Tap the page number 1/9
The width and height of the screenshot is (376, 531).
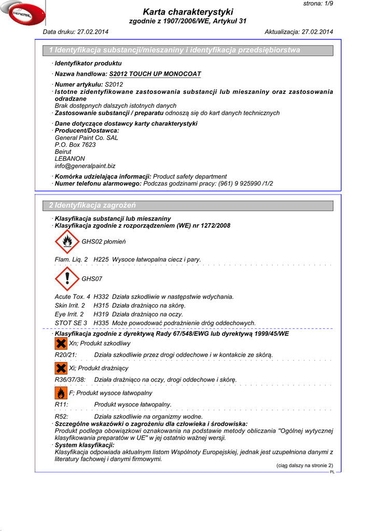pos(325,4)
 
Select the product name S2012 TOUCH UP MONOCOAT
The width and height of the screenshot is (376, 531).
pos(155,74)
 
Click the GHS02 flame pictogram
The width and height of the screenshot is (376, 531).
pos(67,241)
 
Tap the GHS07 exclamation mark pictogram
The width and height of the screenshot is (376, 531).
pos(67,278)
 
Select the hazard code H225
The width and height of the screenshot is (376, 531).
pos(101,259)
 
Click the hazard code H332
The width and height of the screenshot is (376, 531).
pos(101,297)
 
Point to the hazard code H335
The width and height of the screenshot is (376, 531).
pos(101,323)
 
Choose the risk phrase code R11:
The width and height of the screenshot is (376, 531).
pos(62,404)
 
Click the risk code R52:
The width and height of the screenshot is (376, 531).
pos(62,416)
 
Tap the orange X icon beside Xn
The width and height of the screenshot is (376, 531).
pos(61,343)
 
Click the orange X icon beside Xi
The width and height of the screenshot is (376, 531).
pos(61,368)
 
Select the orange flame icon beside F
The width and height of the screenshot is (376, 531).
pos(61,393)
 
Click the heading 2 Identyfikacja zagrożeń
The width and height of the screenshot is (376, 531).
pos(92,205)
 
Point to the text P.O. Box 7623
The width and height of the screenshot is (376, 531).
pos(75,145)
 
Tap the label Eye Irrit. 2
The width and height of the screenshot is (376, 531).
pos(69,314)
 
